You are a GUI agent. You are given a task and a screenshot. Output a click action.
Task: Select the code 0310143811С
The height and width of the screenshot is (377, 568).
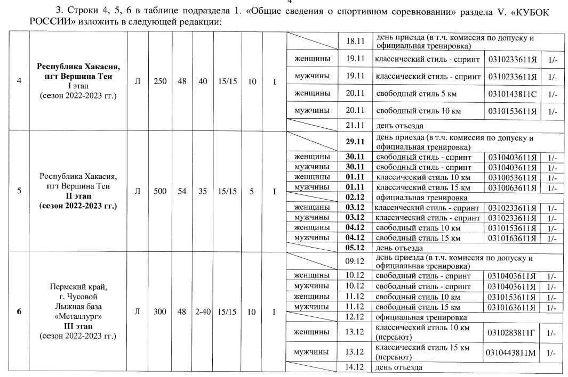511,94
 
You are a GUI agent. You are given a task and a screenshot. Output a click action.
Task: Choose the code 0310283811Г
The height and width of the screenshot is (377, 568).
511,332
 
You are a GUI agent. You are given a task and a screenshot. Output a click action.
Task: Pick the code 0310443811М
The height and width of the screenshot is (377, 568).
511,352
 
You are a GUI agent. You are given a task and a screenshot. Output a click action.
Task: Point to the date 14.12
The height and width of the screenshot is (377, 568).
355,367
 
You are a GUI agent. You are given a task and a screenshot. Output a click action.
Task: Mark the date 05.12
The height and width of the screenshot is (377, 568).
355,248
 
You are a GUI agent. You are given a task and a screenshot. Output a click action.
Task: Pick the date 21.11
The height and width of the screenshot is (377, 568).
355,126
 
